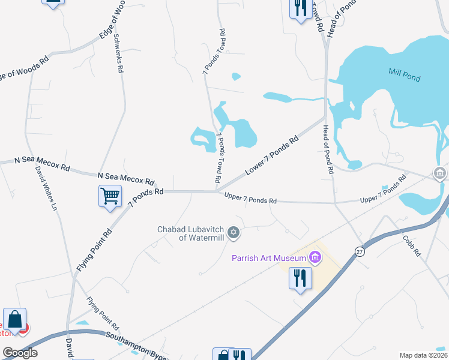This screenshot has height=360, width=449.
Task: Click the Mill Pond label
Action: click(403, 78)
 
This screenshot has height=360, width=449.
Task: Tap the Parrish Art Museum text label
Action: click(270, 258)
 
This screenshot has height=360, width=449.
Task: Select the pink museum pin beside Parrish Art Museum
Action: click(315, 258)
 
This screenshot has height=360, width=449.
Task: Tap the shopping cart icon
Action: click(110, 195)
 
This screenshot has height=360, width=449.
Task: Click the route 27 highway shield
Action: click(359, 252)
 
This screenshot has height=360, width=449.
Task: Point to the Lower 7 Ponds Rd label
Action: click(272, 156)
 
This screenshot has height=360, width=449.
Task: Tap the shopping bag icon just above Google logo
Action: click(14, 319)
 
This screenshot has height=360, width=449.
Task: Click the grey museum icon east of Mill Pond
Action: click(440, 174)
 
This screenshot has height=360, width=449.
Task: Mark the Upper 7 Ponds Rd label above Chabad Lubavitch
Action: click(250, 198)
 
